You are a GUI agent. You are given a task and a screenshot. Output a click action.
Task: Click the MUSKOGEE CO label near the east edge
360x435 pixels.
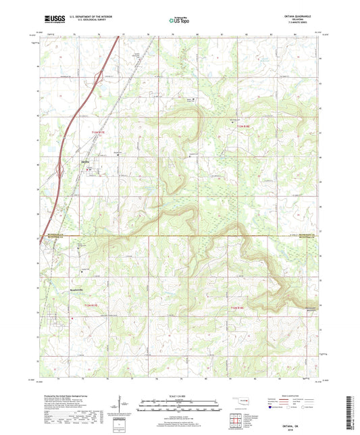(303, 237)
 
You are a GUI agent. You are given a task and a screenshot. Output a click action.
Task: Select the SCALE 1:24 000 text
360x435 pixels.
(180, 394)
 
